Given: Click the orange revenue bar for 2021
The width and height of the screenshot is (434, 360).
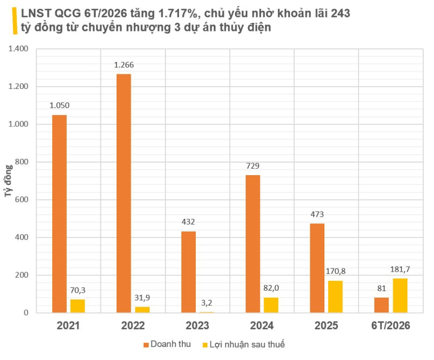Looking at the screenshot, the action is [x=59, y=214].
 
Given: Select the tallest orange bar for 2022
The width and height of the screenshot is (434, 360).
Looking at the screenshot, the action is [x=124, y=193].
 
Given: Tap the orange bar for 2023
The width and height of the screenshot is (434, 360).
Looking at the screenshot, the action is [x=188, y=272].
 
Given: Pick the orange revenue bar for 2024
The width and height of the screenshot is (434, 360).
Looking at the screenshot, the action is [x=253, y=244].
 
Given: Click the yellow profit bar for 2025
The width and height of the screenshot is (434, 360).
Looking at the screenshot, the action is [x=335, y=297].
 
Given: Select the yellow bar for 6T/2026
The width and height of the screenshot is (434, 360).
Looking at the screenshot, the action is [x=400, y=295].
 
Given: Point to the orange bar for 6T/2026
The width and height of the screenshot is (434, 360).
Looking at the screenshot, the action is [x=381, y=305].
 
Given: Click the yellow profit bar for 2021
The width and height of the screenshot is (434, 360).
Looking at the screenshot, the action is [x=78, y=306].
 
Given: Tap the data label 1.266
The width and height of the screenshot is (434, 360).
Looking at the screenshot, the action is [x=124, y=65].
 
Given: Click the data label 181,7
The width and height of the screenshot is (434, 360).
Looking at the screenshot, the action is [x=400, y=269].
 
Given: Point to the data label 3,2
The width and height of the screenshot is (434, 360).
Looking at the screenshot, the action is [x=207, y=303].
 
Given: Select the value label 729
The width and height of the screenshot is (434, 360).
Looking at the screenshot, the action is [x=253, y=166].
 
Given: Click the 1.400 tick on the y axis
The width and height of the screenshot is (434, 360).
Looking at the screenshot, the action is [x=18, y=49].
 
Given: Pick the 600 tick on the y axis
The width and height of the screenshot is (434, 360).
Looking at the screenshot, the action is [x=22, y=200].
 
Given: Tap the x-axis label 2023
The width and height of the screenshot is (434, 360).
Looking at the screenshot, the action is [x=197, y=326].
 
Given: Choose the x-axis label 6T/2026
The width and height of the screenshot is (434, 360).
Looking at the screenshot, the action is [x=391, y=326].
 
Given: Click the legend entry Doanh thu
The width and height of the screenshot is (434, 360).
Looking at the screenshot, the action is [x=167, y=344].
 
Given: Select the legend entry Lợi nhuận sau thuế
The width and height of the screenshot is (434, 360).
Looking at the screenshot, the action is [x=244, y=344].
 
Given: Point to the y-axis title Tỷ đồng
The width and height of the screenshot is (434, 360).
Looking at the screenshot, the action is [x=9, y=181].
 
